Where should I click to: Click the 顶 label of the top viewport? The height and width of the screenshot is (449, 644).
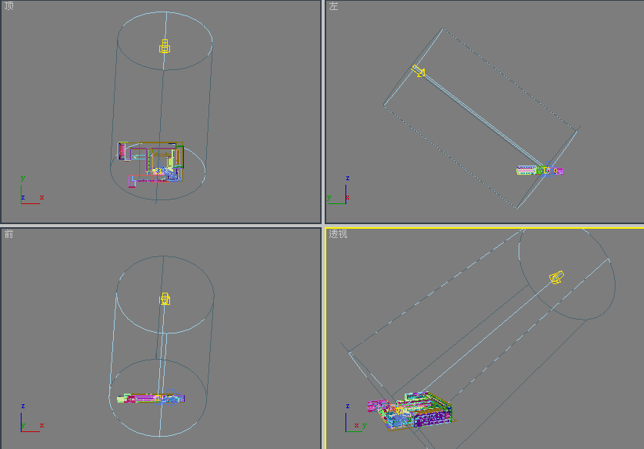click(8, 5)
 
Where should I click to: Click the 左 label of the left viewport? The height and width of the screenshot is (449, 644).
click(333, 5)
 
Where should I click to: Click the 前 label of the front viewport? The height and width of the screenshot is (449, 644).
click(8, 234)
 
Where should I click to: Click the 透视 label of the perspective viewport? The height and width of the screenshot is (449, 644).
click(338, 234)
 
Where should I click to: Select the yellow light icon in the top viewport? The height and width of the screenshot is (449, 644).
click(165, 46)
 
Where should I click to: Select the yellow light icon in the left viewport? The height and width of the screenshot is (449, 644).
click(418, 71)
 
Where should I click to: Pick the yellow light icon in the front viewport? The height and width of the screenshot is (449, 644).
click(165, 299)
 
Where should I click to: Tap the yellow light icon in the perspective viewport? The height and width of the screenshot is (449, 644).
click(556, 277)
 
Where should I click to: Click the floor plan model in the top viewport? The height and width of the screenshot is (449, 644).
click(150, 164)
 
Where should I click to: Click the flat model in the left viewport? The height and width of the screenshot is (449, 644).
click(539, 170)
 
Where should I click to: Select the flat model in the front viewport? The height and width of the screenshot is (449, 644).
click(151, 398)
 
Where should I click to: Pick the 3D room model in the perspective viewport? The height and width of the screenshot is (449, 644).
click(410, 411)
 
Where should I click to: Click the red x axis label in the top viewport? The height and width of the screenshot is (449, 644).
click(42, 198)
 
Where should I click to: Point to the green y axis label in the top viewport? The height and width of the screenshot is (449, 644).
click(22, 179)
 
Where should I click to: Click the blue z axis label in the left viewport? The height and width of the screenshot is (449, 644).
click(348, 178)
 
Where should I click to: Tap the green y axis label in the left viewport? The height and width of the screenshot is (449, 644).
click(329, 198)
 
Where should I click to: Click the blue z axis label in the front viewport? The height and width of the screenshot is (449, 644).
click(22, 406)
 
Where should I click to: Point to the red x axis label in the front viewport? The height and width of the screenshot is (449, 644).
click(42, 426)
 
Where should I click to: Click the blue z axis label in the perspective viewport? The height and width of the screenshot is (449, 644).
click(348, 406)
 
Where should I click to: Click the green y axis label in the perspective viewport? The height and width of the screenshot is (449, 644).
click(364, 426)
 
